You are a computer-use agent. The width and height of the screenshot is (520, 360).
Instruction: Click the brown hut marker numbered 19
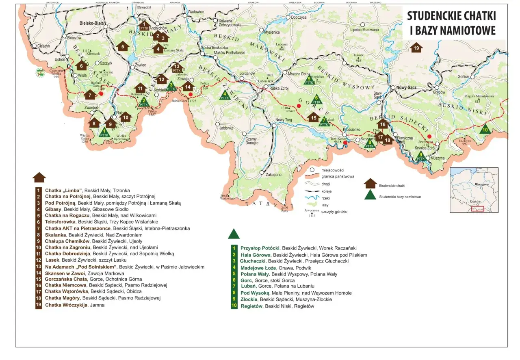point(416,48)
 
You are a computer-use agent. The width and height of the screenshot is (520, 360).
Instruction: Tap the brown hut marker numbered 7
point(90,95)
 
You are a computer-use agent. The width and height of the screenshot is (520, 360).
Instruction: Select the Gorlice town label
point(463,76)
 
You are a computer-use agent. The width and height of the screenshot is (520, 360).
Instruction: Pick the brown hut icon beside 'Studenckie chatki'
point(370,184)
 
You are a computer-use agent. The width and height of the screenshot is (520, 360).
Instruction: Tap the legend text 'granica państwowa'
point(338,176)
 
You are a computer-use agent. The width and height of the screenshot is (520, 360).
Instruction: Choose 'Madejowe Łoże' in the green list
point(259,268)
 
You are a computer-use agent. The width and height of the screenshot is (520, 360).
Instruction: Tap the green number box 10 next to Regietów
point(234,306)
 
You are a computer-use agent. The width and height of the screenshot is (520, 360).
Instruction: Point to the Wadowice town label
point(195,12)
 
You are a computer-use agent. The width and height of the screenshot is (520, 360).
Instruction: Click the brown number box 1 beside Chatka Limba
point(39,190)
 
